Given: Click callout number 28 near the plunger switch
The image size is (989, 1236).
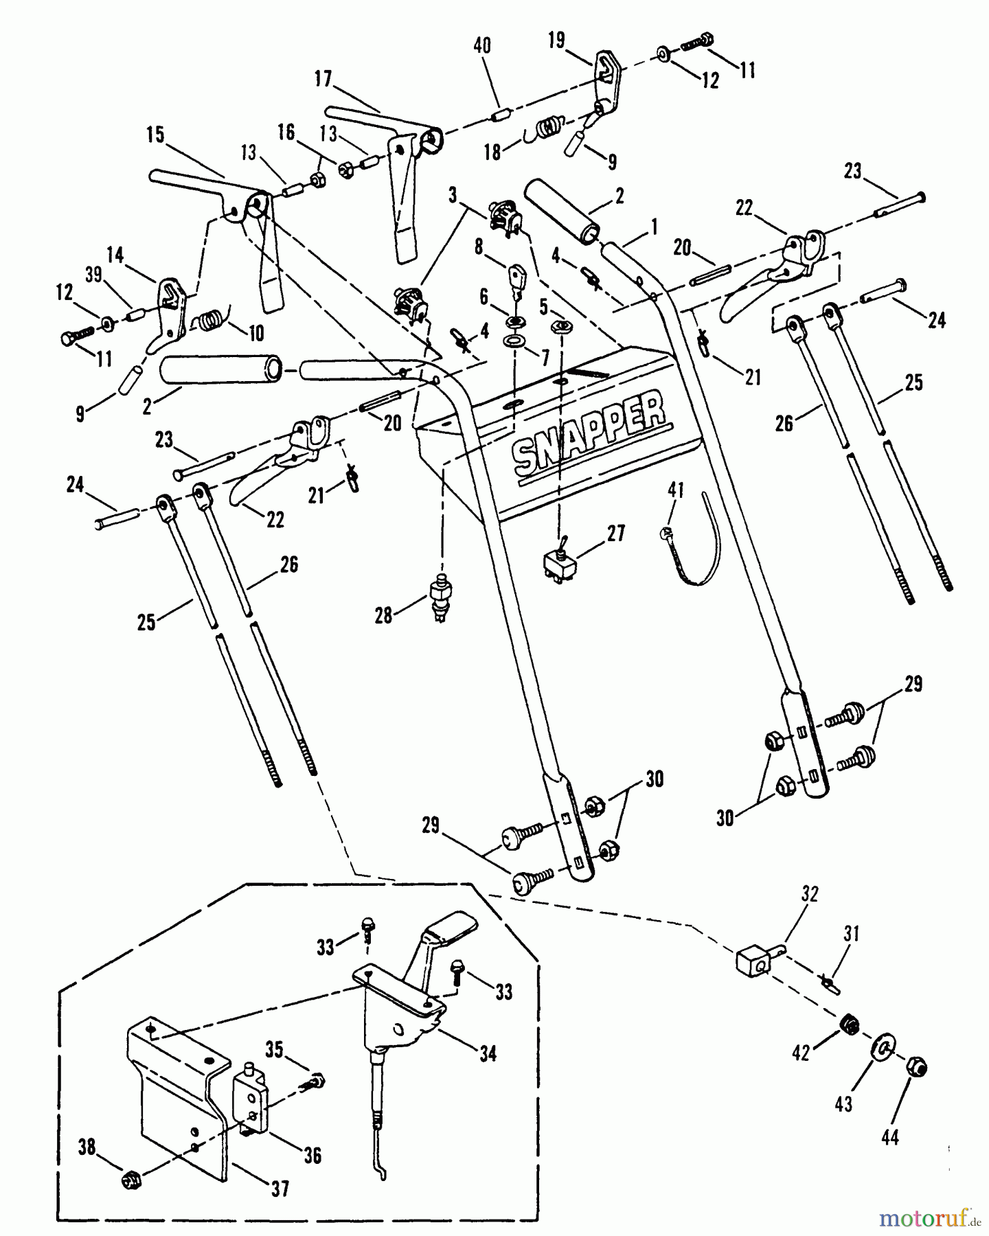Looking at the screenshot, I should [x=383, y=615].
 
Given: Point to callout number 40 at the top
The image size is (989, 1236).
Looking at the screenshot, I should [x=482, y=46].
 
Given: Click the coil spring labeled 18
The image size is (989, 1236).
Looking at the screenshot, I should [x=549, y=129].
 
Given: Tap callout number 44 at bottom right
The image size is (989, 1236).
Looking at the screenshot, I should [x=890, y=1137].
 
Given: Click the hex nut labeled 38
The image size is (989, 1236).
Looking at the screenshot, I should [x=129, y=1180].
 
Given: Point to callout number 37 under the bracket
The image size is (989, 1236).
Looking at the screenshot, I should [x=280, y=1188].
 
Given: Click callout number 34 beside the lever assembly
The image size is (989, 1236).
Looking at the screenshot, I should [x=488, y=1053].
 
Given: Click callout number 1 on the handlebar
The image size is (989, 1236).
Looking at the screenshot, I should [x=654, y=226].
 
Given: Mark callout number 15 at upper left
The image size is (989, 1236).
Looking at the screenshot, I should [x=156, y=134].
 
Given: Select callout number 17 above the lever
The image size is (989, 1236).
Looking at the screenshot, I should [x=323, y=79].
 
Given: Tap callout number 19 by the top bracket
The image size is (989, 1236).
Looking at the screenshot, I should [x=556, y=41].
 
